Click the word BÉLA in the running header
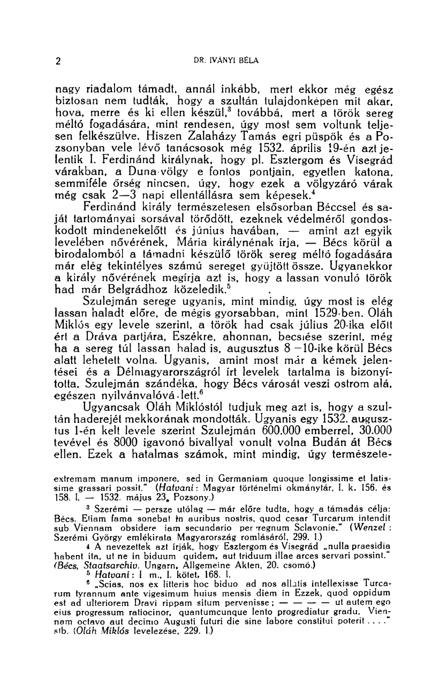click(x=247, y=60)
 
